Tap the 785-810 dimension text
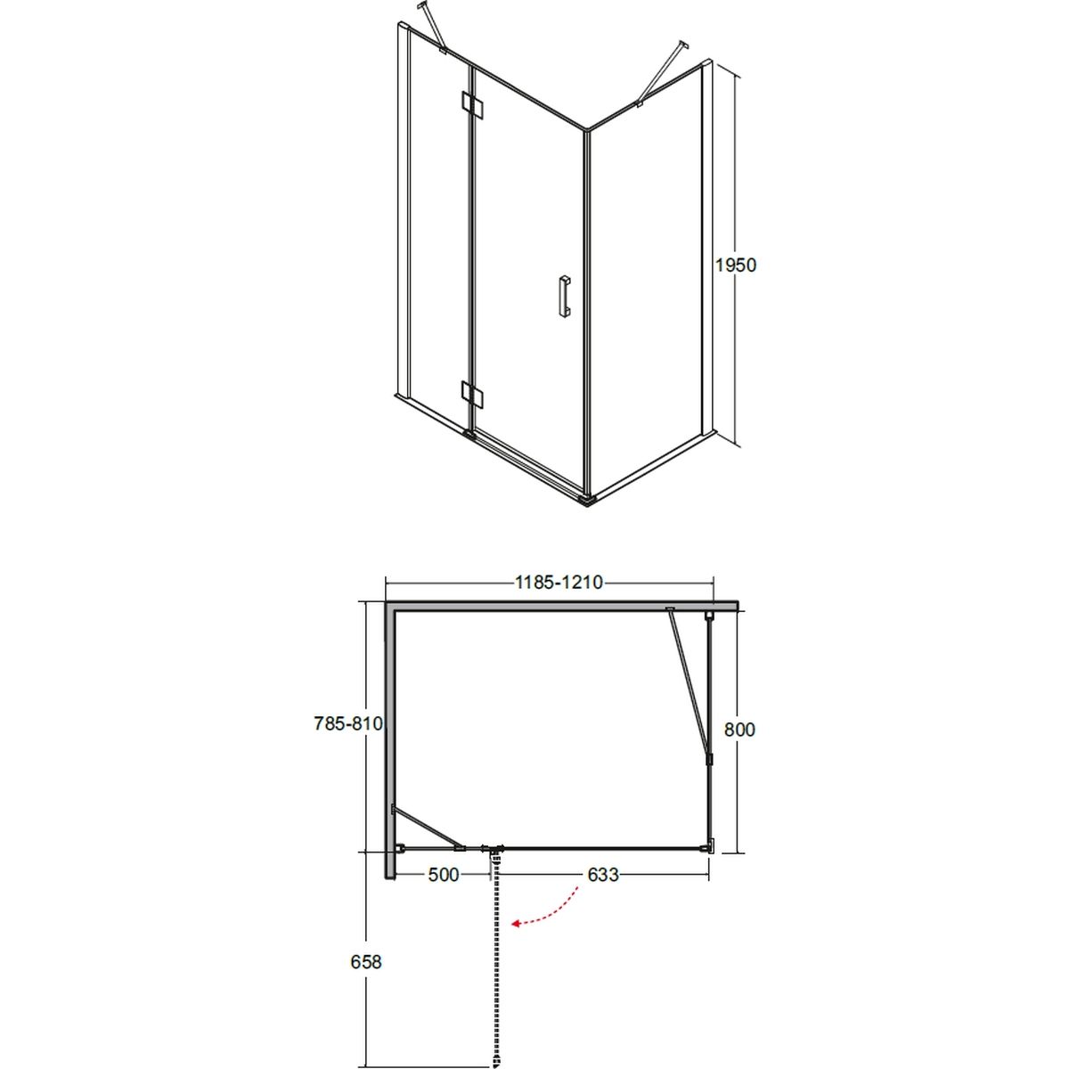pyautogui.click(x=349, y=723)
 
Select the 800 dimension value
pyautogui.click(x=740, y=729)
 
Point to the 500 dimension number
pyautogui.click(x=444, y=875)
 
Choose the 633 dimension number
pyautogui.click(x=603, y=875)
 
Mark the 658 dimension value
pyautogui.click(x=366, y=962)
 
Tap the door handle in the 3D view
pyautogui.click(x=564, y=297)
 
